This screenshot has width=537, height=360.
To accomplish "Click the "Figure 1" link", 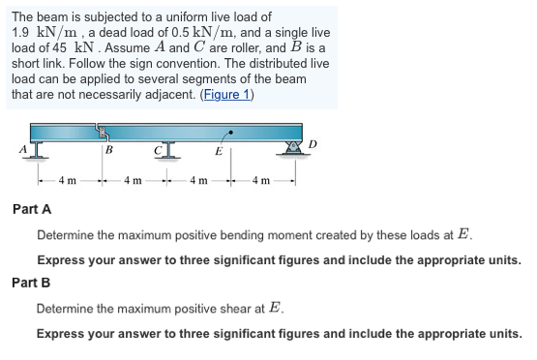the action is [x=224, y=94].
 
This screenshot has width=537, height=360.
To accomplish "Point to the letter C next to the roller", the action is [x=156, y=150].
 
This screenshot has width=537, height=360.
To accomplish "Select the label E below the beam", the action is [x=218, y=151].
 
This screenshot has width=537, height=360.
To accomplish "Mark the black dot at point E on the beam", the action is [x=229, y=131].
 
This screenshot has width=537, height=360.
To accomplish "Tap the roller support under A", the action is [x=37, y=149].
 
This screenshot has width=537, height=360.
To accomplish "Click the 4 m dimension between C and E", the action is [x=198, y=180].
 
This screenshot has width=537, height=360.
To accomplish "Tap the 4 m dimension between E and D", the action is [x=262, y=180].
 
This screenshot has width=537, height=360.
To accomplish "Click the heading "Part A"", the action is [x=31, y=209].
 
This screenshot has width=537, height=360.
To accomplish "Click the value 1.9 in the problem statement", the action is [x=20, y=32].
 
